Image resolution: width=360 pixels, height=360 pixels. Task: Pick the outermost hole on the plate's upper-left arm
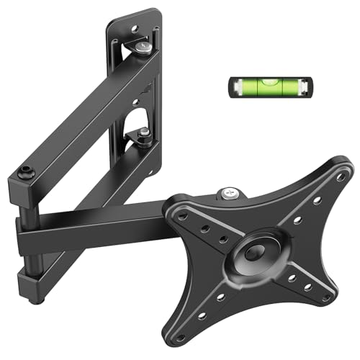[x=183, y=215]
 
